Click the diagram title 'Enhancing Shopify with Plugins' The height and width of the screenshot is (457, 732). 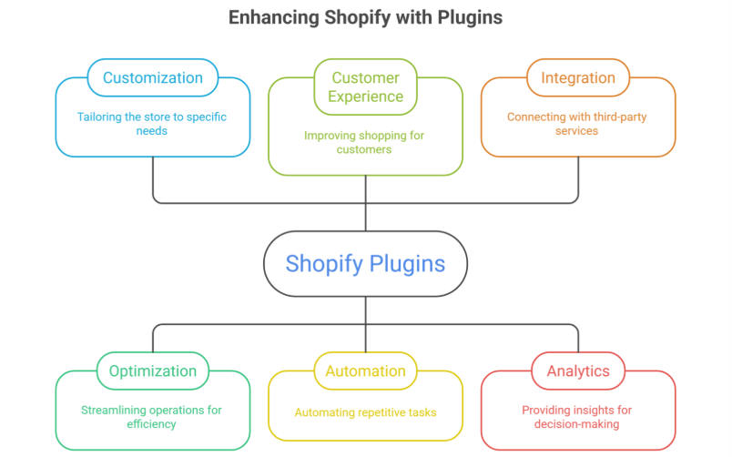365,17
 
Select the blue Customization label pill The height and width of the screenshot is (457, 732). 152,77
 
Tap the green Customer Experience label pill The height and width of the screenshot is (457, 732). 365,86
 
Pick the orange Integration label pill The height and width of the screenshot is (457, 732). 578,77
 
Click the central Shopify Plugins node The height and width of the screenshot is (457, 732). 365,264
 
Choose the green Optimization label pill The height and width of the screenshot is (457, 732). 152,371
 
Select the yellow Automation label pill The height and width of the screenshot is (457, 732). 365,371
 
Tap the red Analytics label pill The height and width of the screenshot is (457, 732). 578,371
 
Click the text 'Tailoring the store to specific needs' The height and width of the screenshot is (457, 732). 152,124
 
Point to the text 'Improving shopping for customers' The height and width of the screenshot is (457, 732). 365,142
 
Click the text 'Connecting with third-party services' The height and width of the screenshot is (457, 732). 578,124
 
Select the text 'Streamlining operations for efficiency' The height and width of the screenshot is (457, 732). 152,417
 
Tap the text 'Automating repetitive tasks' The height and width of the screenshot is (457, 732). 365,412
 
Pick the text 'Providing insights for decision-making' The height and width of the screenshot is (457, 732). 578,417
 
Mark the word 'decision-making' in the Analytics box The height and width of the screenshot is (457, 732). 578,424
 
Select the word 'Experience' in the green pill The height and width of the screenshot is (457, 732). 365,96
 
